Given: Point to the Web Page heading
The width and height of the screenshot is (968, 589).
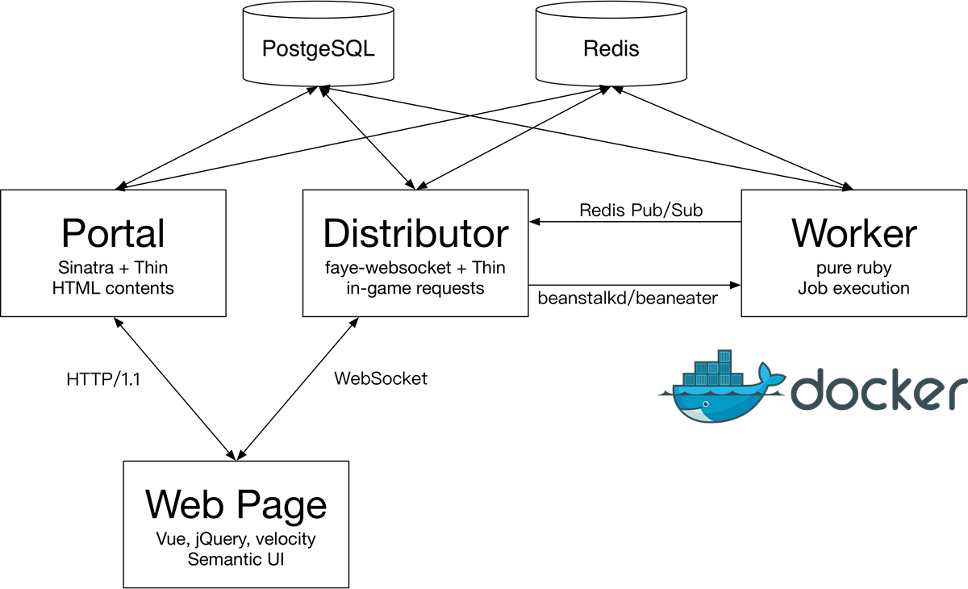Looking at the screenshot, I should (236, 504).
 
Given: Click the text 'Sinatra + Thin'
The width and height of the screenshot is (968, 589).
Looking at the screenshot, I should (113, 267).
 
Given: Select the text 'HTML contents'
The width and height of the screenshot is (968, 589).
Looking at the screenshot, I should (113, 287).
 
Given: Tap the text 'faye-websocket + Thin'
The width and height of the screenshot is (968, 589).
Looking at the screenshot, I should (415, 267).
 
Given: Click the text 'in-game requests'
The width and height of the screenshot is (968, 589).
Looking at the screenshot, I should (415, 287).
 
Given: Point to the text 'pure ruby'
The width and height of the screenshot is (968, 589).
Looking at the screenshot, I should (853, 267).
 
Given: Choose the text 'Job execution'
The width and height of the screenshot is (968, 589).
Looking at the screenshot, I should (853, 287).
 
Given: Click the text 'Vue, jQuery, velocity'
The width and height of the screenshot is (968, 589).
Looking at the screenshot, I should (236, 538).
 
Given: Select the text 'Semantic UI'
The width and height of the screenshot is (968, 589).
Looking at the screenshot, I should (236, 558).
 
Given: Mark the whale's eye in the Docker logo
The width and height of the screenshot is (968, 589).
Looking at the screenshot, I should (704, 402).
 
